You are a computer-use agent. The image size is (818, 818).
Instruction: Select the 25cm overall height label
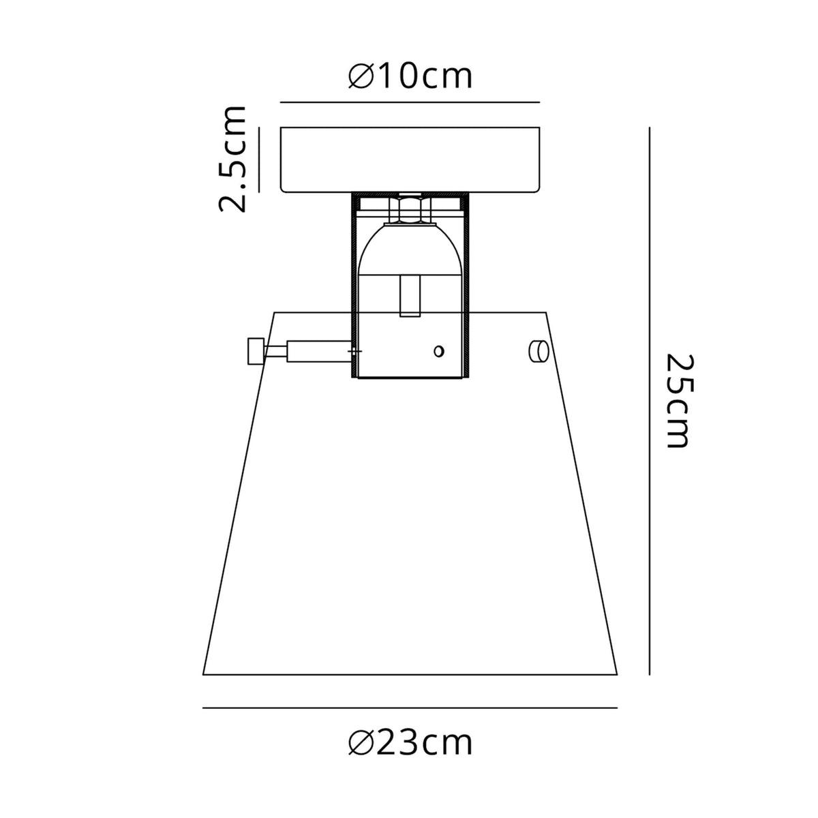(678, 401)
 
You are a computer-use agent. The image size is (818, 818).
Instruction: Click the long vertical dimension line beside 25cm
(650, 401)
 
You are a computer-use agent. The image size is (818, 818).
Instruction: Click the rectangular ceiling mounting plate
(411, 159)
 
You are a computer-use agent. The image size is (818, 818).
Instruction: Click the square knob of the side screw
(255, 352)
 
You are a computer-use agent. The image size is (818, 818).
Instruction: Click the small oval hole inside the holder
(439, 351)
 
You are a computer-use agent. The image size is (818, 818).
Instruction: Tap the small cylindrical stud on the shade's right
(539, 351)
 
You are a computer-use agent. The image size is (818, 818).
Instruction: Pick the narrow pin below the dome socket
(410, 297)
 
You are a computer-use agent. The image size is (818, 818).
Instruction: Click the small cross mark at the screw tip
(354, 352)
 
